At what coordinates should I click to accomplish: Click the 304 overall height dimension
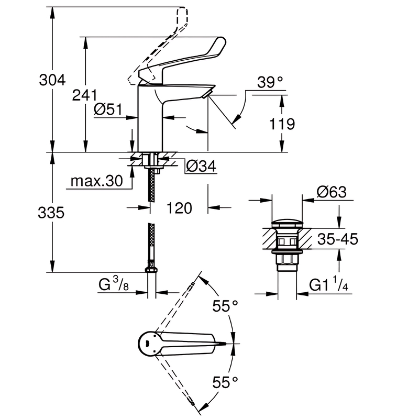[52, 80]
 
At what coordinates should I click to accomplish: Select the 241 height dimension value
[85, 95]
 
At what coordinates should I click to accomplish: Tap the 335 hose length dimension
[52, 213]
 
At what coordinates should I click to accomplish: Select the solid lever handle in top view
[189, 344]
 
